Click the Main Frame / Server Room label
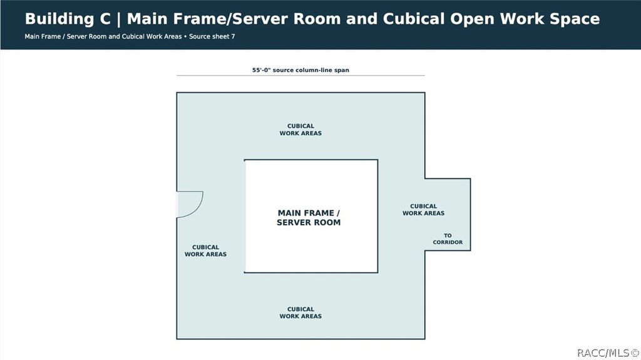pyautogui.click(x=309, y=218)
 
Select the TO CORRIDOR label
pyautogui.click(x=448, y=239)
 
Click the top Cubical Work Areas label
pyautogui.click(x=300, y=130)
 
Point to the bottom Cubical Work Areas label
pyautogui.click(x=300, y=312)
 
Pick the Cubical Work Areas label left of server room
pyautogui.click(x=205, y=250)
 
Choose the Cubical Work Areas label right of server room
pyautogui.click(x=423, y=210)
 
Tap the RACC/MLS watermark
pyautogui.click(x=608, y=352)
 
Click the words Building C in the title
pyautogui.click(x=68, y=19)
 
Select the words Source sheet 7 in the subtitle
pyautogui.click(x=212, y=36)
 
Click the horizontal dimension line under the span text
pyautogui.click(x=300, y=76)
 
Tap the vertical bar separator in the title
pyautogui.click(x=119, y=19)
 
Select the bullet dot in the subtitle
pyautogui.click(x=185, y=36)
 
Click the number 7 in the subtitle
pyautogui.click(x=233, y=36)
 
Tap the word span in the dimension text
pyautogui.click(x=341, y=70)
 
